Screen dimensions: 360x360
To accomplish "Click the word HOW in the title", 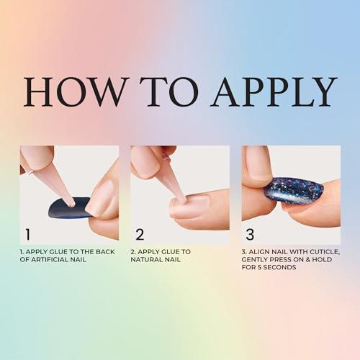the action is [76, 91].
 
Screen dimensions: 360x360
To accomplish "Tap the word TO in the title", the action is [169, 91].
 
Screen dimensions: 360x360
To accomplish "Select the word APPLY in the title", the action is [274, 91].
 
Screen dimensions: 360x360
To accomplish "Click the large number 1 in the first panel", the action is [28, 234].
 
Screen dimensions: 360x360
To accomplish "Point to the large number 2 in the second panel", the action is [140, 234].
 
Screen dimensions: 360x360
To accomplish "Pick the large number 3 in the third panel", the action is [250, 234].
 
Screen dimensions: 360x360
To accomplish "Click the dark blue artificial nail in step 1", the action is [68, 208].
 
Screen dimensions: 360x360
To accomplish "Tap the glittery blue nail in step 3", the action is [293, 190].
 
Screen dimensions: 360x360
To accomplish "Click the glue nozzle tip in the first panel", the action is [72, 204].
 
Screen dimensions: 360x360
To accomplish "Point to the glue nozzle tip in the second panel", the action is [183, 200].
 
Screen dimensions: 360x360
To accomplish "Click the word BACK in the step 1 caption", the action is [105, 252].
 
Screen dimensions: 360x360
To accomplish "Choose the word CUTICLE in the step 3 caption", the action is [325, 252].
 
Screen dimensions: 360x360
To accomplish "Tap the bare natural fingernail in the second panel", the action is [190, 204].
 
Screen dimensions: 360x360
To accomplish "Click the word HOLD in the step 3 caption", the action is [323, 260].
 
